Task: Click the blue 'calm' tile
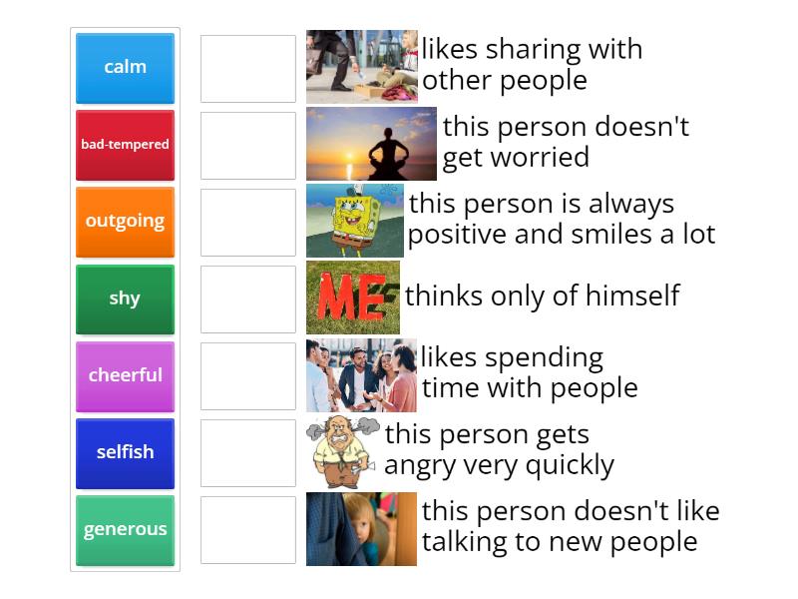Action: pyautogui.click(x=125, y=68)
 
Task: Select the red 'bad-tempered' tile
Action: pyautogui.click(x=125, y=145)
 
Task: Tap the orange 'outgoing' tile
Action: pyautogui.click(x=125, y=222)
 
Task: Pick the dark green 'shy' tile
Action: pyautogui.click(x=125, y=299)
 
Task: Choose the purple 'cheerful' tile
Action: pyautogui.click(x=125, y=375)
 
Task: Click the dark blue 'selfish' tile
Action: pyautogui.click(x=125, y=452)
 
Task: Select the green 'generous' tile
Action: pyautogui.click(x=125, y=529)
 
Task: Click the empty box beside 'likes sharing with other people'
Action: pyautogui.click(x=248, y=68)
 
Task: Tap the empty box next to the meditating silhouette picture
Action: pyautogui.click(x=248, y=145)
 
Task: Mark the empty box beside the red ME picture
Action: pyautogui.click(x=248, y=299)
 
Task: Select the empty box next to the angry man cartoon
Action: pyautogui.click(x=248, y=452)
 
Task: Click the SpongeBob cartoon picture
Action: pyautogui.click(x=354, y=221)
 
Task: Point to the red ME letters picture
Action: pyautogui.click(x=352, y=298)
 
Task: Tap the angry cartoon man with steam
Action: pyautogui.click(x=342, y=451)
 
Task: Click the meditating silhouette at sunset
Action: pyautogui.click(x=371, y=144)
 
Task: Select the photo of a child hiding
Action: pyautogui.click(x=361, y=528)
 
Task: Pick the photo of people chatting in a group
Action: pyautogui.click(x=361, y=374)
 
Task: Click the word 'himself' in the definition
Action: pyautogui.click(x=631, y=296)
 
